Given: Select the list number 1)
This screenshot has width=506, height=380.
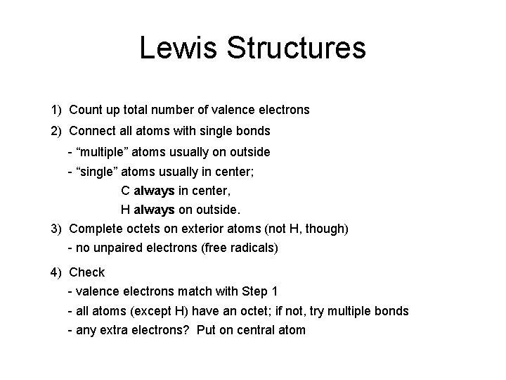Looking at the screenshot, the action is click(56, 110).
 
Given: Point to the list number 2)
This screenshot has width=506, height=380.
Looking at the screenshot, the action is click(56, 132).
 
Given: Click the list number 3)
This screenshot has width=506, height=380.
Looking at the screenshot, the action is click(56, 229).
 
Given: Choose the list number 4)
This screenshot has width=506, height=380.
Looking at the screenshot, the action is click(56, 272).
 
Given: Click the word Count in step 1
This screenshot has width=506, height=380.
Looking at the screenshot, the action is click(85, 110).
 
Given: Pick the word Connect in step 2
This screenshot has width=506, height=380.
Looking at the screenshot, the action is click(92, 132).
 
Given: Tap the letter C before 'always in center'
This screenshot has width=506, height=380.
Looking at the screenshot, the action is click(125, 190).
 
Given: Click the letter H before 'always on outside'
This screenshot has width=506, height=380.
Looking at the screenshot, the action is click(125, 210).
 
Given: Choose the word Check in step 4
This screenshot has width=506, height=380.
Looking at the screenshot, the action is click(87, 272).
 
